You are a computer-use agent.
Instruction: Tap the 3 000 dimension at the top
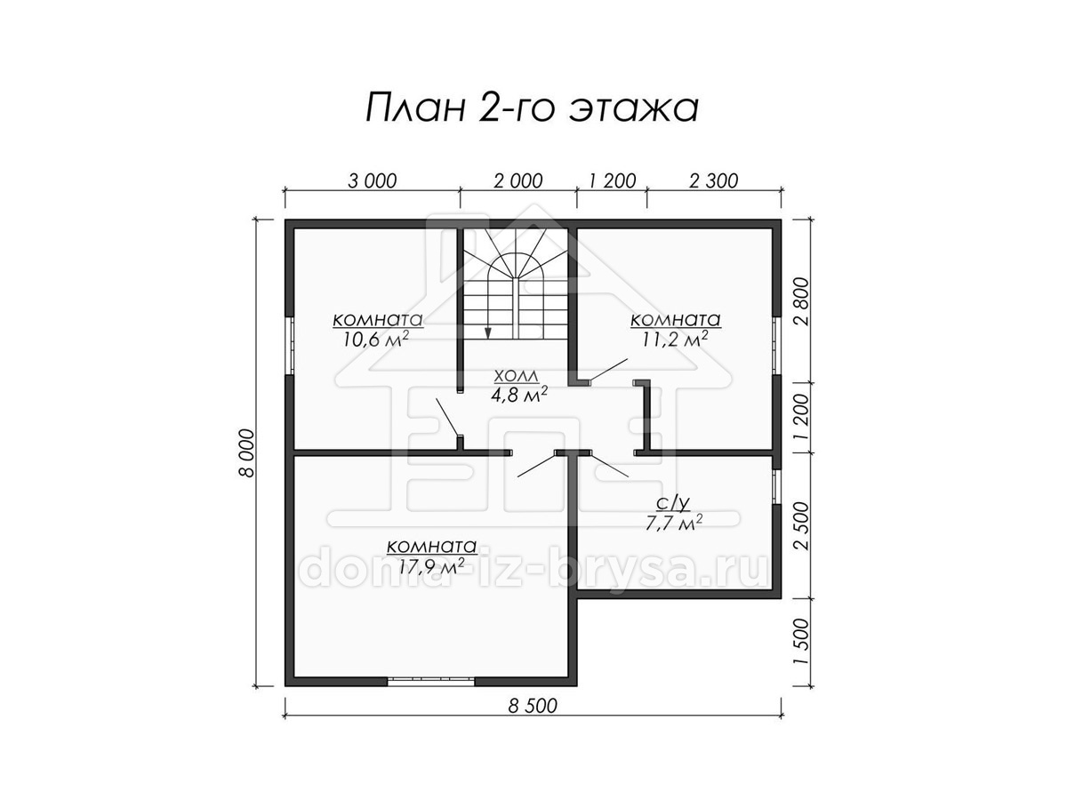pyautogui.click(x=373, y=181)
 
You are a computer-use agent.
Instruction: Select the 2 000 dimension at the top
pyautogui.click(x=518, y=181)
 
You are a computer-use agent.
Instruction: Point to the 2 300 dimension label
pyautogui.click(x=714, y=181)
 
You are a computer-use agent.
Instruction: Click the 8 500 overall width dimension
pyautogui.click(x=533, y=706)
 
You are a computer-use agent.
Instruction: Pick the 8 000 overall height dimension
pyautogui.click(x=247, y=452)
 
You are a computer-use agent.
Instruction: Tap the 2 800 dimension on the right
pyautogui.click(x=803, y=301)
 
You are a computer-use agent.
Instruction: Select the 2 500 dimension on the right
pyautogui.click(x=803, y=525)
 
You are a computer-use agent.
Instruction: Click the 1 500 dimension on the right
pyautogui.click(x=803, y=642)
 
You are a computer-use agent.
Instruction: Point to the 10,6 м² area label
pyautogui.click(x=375, y=339)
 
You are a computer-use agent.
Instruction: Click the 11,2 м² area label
pyautogui.click(x=675, y=339)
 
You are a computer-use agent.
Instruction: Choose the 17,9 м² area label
pyautogui.click(x=431, y=565)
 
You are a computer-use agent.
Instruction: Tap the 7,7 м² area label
pyautogui.click(x=674, y=524)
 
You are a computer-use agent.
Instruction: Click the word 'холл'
pyautogui.click(x=517, y=376)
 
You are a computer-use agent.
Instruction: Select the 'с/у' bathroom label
pyautogui.click(x=673, y=504)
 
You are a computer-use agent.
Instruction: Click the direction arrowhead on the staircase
pyautogui.click(x=488, y=332)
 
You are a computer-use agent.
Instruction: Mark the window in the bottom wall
pyautogui.click(x=430, y=682)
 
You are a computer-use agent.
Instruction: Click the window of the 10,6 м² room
pyautogui.click(x=290, y=346)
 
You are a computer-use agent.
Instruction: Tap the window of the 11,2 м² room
pyautogui.click(x=776, y=346)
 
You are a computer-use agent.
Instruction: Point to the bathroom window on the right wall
pyautogui.click(x=776, y=487)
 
